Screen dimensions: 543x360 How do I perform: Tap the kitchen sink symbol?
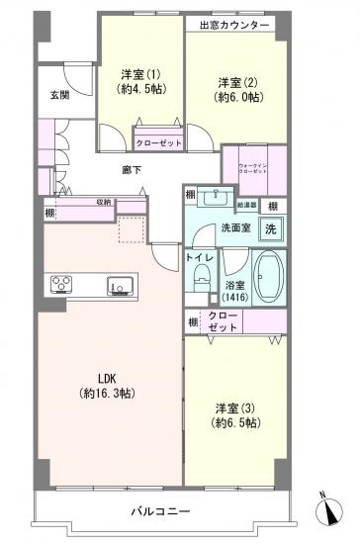pos(120,286)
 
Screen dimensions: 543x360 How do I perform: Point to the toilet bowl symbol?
pos(203,279)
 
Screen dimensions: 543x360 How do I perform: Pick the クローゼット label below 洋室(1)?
pos(157,141)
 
